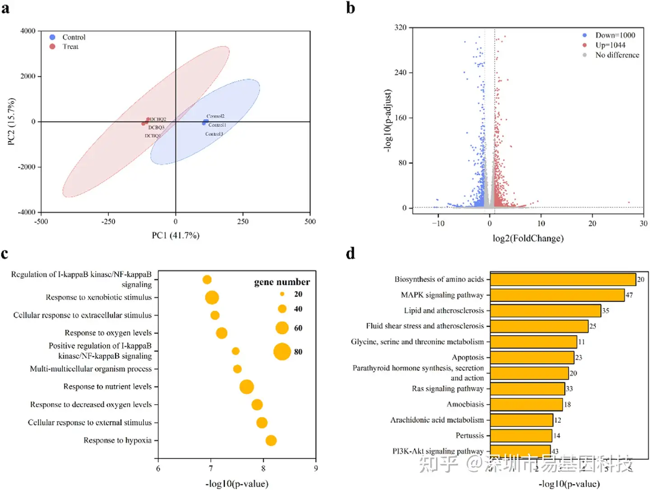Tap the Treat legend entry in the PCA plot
point(70,47)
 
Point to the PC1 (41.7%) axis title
point(176,235)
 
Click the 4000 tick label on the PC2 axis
point(28,31)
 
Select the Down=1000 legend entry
point(614,35)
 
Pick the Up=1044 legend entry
point(610,45)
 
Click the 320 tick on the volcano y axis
point(400,28)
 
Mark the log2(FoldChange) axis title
point(528,238)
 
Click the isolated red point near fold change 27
point(629,203)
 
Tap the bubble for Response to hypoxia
point(271,440)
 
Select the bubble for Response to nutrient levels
point(246,387)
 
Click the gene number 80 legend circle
point(282,351)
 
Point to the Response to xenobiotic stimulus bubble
point(212,298)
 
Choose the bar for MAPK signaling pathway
point(557,295)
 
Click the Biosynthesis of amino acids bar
point(563,280)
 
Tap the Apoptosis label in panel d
point(468,357)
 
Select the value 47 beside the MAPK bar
point(629,295)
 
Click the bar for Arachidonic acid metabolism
point(521,420)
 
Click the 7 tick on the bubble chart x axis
point(211,468)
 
